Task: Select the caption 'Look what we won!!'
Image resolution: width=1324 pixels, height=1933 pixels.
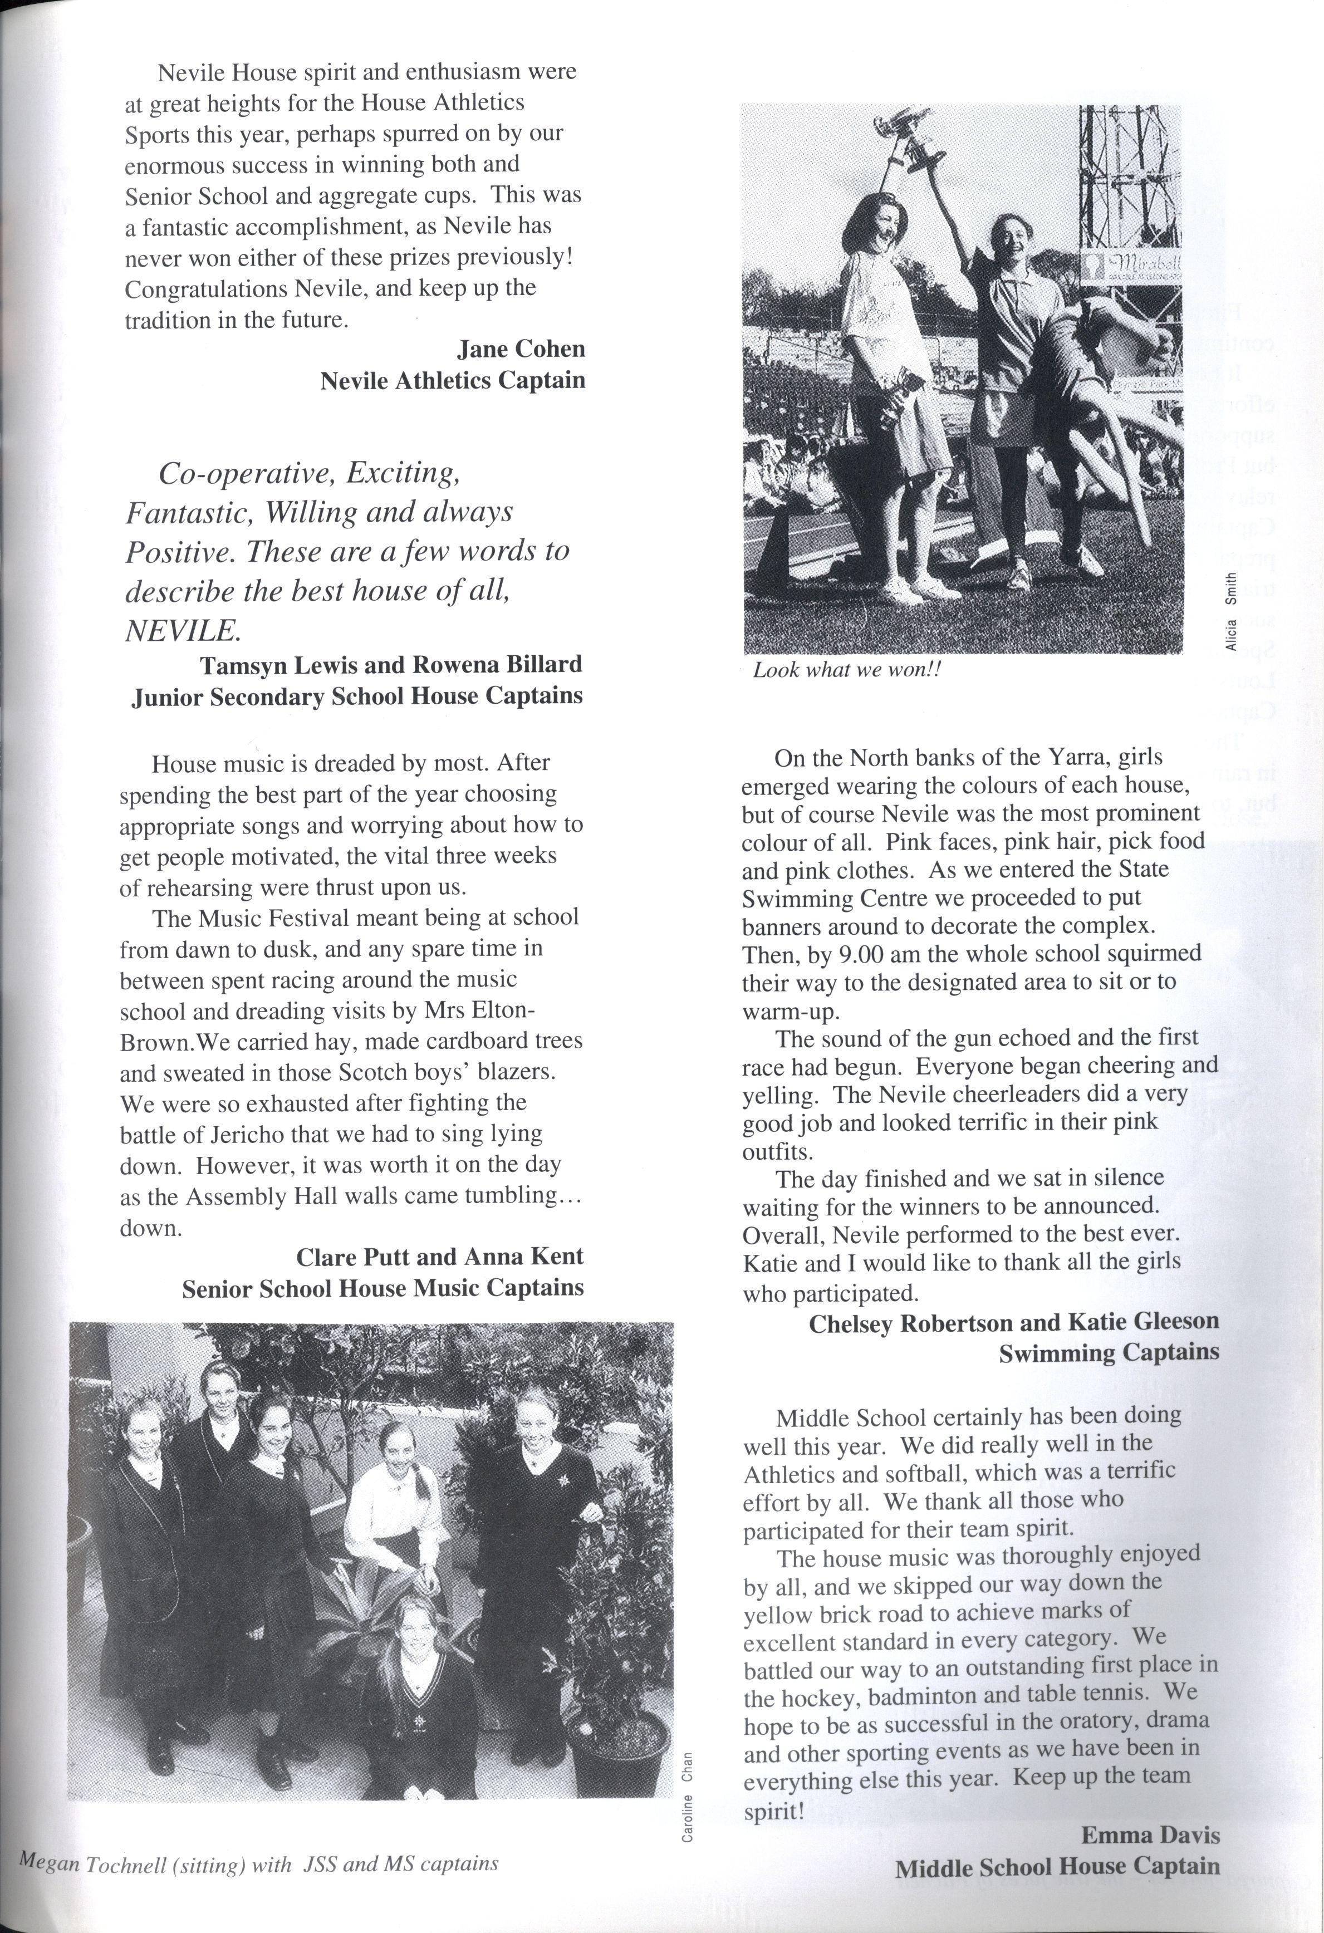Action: (x=846, y=670)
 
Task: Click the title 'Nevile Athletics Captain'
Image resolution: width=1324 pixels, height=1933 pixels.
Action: (x=453, y=380)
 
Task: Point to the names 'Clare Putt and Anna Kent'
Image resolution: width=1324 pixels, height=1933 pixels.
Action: (x=440, y=1256)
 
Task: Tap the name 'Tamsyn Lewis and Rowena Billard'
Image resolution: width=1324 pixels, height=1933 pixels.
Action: (x=391, y=665)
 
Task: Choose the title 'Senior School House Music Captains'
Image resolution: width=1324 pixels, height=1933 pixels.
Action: (x=383, y=1288)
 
